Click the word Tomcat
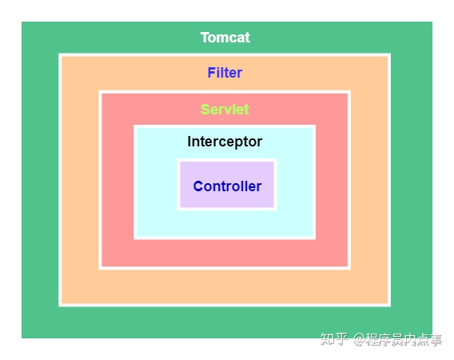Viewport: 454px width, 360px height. click(225, 38)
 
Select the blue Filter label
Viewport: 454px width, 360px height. click(225, 73)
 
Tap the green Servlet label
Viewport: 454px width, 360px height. click(225, 110)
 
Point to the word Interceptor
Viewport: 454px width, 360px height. click(225, 142)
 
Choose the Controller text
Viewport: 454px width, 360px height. click(227, 186)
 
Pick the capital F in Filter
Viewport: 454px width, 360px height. click(212, 73)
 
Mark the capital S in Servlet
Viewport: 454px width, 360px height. click(205, 110)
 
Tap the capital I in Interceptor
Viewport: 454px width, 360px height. click(189, 142)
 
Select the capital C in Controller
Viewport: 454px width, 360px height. click(198, 186)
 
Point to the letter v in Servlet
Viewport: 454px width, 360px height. click(229, 111)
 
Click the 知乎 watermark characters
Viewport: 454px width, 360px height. click(334, 339)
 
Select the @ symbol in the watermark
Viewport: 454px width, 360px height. click(359, 340)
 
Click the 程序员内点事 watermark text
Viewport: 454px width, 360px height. click(404, 339)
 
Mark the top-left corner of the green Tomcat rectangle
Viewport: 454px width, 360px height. click(22, 22)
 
